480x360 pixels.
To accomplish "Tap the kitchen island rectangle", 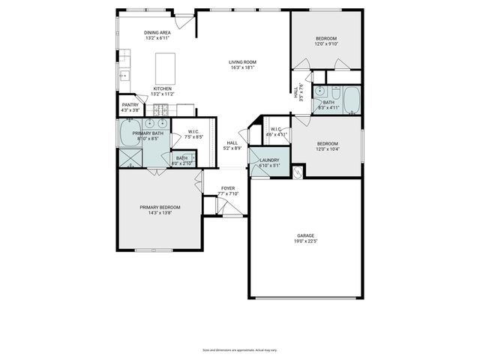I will [x=165, y=69].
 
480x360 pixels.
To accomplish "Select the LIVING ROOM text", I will [x=243, y=61].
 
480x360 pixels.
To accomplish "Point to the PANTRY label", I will [x=130, y=105].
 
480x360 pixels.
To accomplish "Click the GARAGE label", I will [x=306, y=235].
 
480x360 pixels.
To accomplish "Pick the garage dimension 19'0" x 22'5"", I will [x=306, y=241].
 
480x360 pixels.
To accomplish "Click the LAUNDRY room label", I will [x=269, y=160].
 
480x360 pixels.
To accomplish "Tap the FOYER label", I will [x=228, y=188].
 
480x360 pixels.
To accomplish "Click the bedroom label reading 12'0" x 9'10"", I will [x=326, y=44].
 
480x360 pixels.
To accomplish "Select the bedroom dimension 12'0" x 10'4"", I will [x=327, y=149].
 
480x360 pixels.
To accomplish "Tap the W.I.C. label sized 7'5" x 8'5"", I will [x=194, y=133].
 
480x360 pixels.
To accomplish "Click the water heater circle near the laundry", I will [x=298, y=172].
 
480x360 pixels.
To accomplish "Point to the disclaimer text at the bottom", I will [x=240, y=349].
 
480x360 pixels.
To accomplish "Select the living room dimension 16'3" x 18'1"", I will [x=243, y=67].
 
